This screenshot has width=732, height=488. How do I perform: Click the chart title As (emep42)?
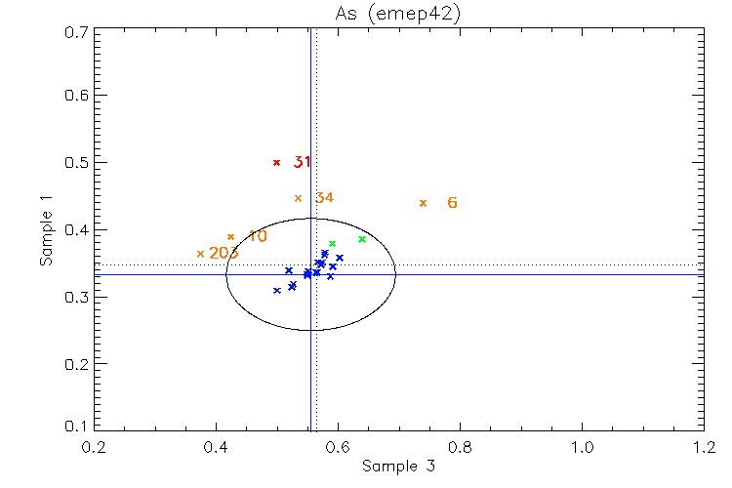[x=398, y=14]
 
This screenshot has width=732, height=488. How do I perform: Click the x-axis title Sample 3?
[x=398, y=467]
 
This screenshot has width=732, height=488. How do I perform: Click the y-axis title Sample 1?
[x=45, y=230]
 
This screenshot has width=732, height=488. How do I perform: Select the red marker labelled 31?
[x=277, y=163]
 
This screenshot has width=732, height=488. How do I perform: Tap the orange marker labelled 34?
[x=299, y=198]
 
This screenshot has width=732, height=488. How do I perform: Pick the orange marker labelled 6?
[x=423, y=203]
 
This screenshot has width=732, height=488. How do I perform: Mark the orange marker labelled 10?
[x=231, y=236]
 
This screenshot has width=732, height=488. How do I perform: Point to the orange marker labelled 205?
[x=201, y=254]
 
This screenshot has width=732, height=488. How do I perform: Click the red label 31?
[x=302, y=162]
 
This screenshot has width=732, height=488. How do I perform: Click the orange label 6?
[x=452, y=203]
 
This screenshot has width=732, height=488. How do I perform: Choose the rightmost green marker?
[x=362, y=239]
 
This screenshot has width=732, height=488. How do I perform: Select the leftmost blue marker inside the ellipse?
[x=277, y=290]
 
